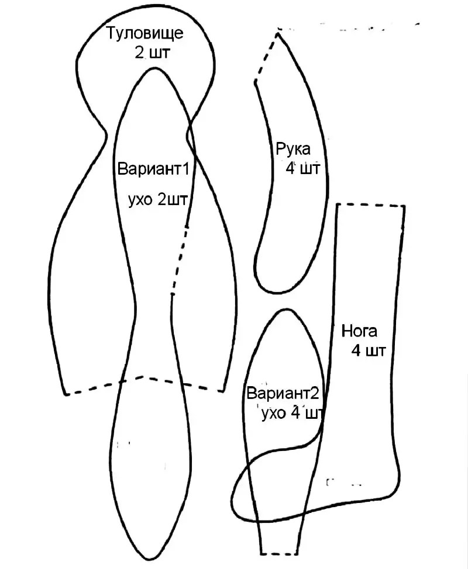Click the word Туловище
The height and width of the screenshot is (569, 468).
point(144,33)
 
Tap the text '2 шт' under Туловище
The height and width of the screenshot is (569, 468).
point(152,53)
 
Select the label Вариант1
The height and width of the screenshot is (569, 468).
point(153,169)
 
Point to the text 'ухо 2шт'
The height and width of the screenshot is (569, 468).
point(158,200)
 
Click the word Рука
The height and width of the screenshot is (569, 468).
point(293,150)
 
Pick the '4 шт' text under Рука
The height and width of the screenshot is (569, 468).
point(302,169)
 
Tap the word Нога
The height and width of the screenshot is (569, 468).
point(359,331)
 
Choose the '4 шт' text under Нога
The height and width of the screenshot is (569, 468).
point(368,351)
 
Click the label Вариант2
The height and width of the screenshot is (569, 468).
point(283,394)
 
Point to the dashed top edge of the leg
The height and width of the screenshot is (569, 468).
point(371,206)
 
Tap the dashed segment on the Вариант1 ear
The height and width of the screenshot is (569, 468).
point(180,260)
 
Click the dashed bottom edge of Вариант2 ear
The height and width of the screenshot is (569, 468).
point(278,554)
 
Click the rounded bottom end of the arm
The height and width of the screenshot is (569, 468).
point(273,292)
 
